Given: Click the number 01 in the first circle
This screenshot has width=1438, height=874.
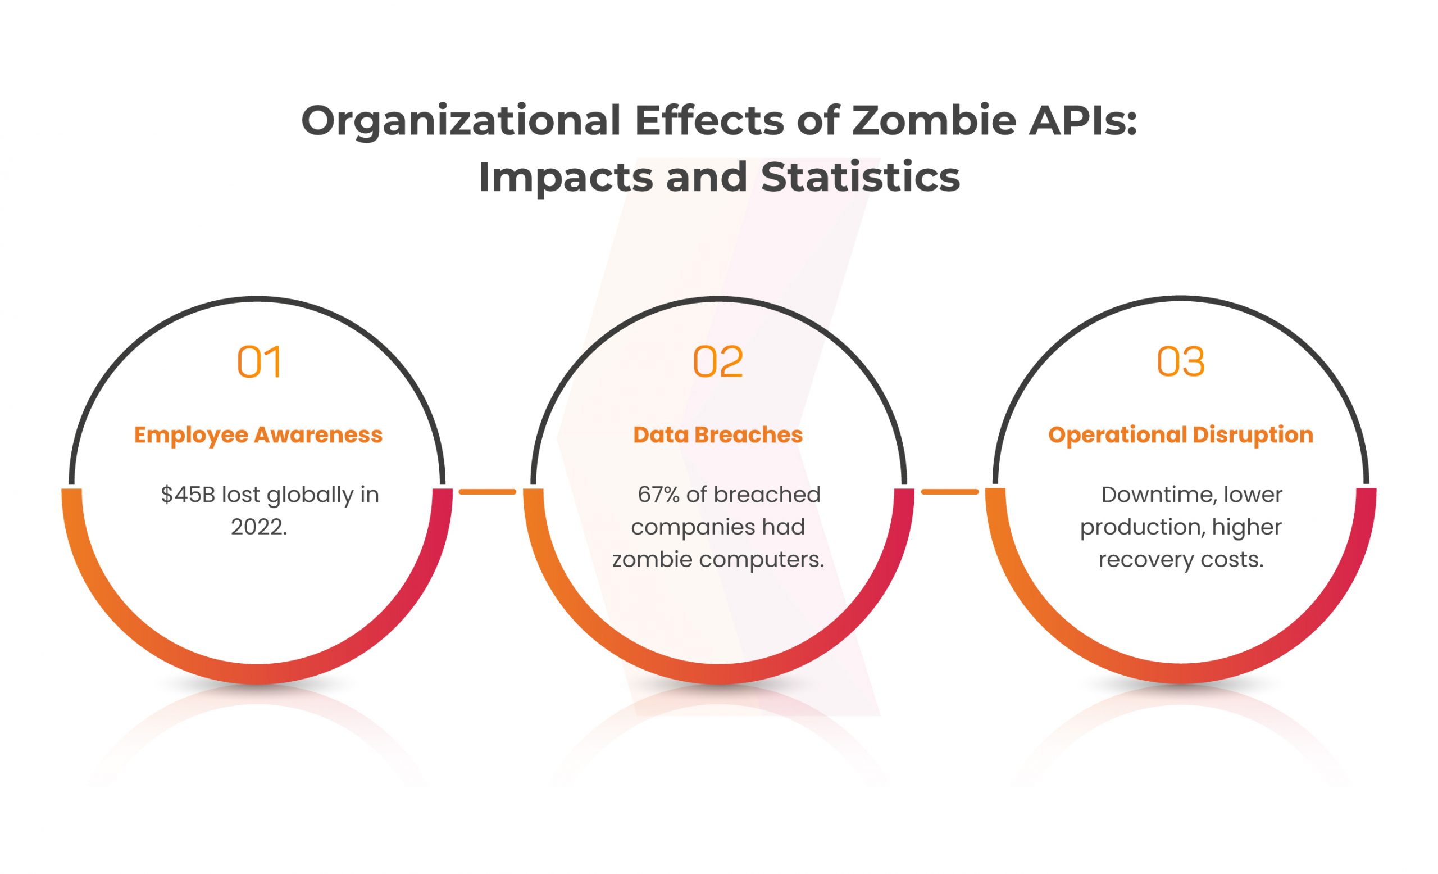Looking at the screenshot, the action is coord(259,362).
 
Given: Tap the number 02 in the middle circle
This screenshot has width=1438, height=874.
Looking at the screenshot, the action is coord(718,362).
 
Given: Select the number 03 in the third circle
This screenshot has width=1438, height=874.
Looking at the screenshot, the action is coord(1181,362).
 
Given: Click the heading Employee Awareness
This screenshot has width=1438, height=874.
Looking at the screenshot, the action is coord(258,435).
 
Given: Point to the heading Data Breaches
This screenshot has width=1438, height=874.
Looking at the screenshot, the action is coord(718,435).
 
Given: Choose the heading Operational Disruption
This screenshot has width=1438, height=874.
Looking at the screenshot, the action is coord(1181,436).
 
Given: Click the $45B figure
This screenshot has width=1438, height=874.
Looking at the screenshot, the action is coord(189,495).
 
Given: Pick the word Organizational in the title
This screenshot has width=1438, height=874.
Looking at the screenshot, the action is coord(461,123).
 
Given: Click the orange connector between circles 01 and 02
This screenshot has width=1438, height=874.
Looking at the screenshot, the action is coord(488,492).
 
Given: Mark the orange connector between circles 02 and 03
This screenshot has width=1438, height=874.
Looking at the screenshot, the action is coord(949,492).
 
